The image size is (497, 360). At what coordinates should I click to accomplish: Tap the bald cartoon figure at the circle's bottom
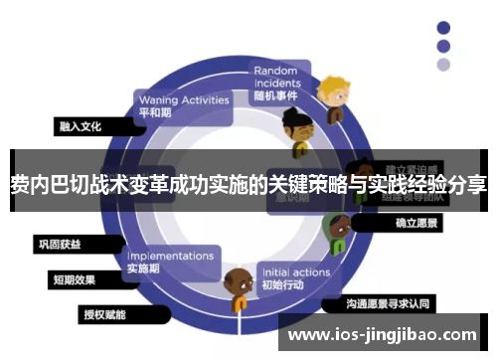point(239,289)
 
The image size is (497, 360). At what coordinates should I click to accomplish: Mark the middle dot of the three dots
point(442,46)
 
